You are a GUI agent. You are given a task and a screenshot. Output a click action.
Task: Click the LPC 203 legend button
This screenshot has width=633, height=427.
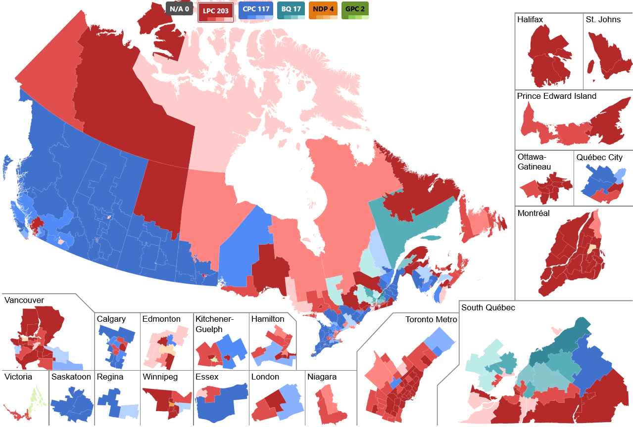(x=215, y=11)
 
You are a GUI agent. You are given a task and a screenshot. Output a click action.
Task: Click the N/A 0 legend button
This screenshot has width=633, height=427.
(x=179, y=9)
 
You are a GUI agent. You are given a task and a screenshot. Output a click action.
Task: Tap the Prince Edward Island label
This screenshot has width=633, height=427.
(x=556, y=96)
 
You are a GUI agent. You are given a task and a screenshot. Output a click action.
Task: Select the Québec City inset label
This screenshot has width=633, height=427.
(x=599, y=157)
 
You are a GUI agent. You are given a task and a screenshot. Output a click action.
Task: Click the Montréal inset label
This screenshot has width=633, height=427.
(x=534, y=213)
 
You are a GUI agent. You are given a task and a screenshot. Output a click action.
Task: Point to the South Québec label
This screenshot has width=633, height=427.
(x=487, y=307)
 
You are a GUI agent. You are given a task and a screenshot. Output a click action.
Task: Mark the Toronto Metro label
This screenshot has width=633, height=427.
(x=431, y=319)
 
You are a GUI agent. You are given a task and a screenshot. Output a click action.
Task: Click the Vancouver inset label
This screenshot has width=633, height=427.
(x=24, y=300)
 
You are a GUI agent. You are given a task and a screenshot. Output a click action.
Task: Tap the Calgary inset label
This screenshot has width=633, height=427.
(x=111, y=319)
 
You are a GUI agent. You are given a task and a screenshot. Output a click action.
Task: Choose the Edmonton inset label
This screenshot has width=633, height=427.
(x=161, y=319)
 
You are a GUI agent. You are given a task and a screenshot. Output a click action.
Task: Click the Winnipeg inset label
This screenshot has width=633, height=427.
(x=160, y=377)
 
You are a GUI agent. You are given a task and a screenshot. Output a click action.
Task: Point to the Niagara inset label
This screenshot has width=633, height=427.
(x=322, y=377)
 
